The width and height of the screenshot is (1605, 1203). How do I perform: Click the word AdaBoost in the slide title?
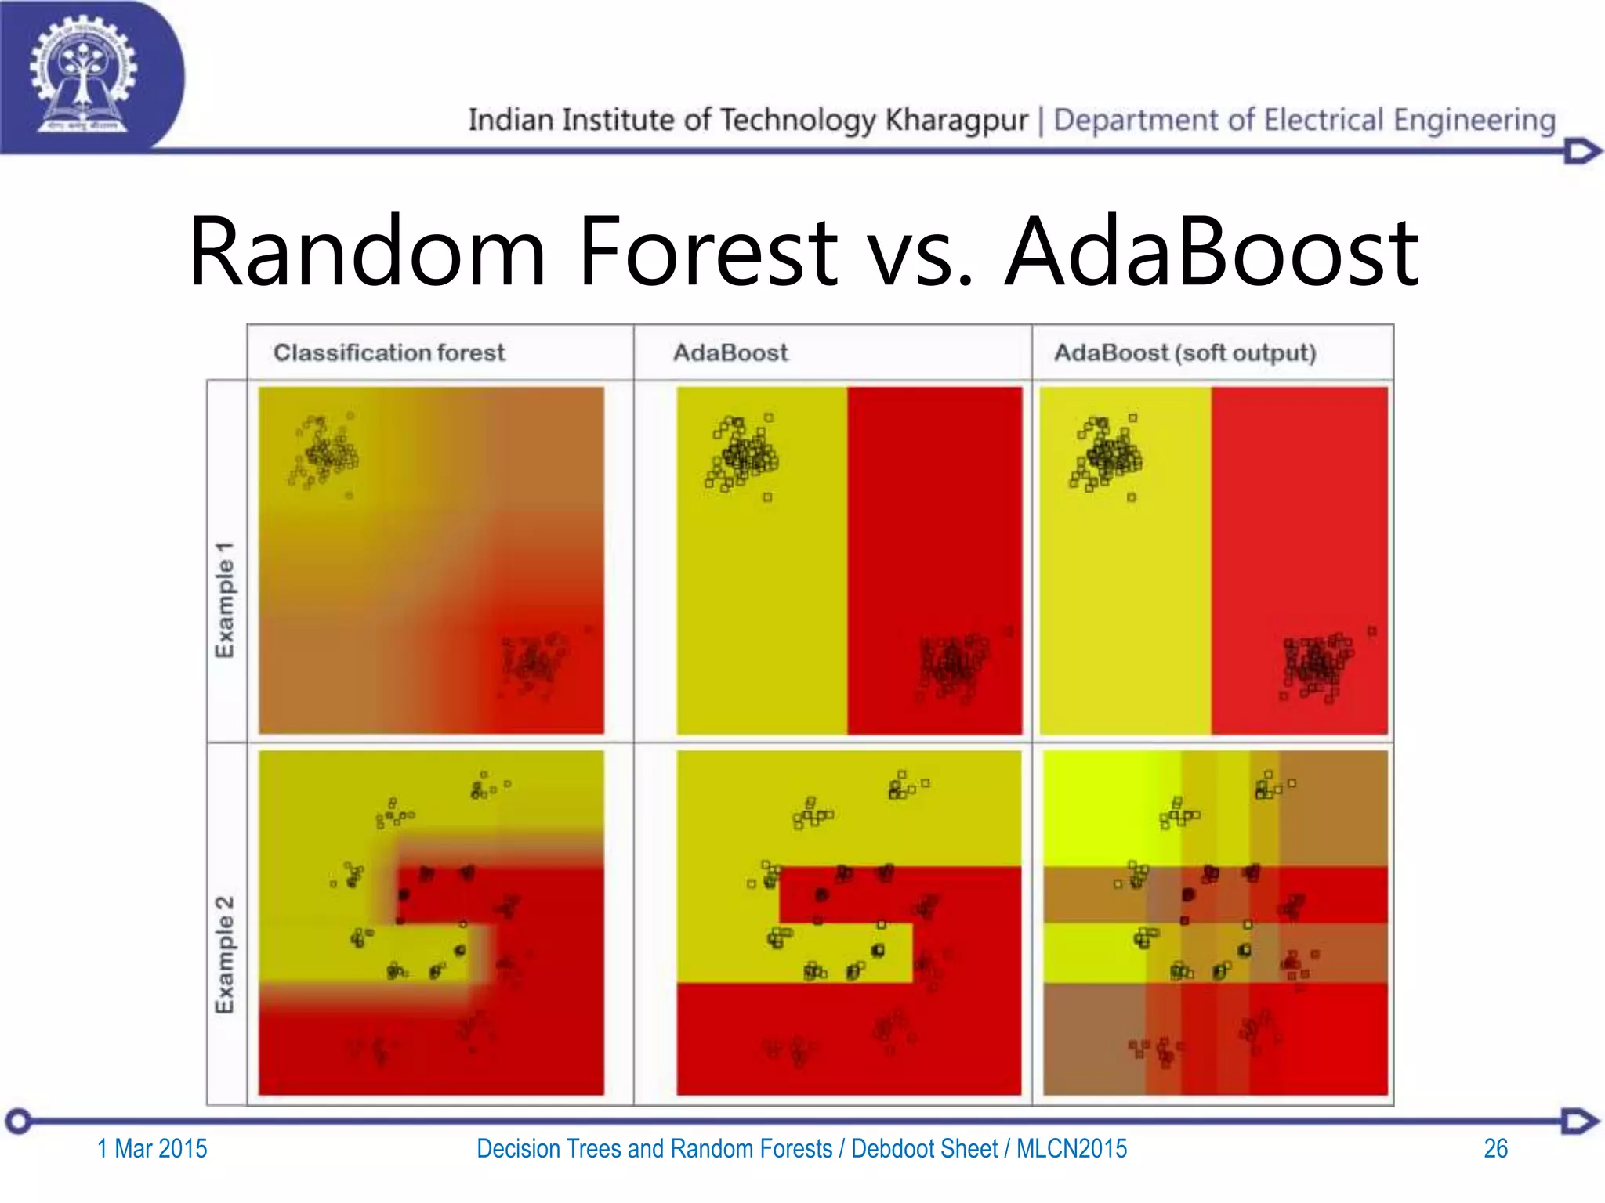[1211, 252]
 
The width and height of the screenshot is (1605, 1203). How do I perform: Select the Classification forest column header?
[389, 352]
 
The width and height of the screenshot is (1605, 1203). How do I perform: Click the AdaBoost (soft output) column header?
[1184, 352]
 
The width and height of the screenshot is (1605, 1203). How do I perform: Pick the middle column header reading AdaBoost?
[730, 352]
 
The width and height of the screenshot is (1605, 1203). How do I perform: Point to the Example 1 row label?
[225, 599]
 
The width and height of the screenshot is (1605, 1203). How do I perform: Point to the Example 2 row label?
[225, 954]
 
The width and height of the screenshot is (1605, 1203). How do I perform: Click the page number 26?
[1495, 1148]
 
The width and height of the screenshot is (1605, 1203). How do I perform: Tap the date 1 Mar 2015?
[152, 1148]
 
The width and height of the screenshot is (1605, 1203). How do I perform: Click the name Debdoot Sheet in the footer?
[924, 1148]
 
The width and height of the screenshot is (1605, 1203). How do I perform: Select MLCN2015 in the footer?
[1071, 1148]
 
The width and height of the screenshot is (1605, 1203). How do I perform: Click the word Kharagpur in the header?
[956, 120]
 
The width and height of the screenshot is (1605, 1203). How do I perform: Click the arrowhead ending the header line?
[1581, 150]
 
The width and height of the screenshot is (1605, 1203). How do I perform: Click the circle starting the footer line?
[19, 1121]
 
